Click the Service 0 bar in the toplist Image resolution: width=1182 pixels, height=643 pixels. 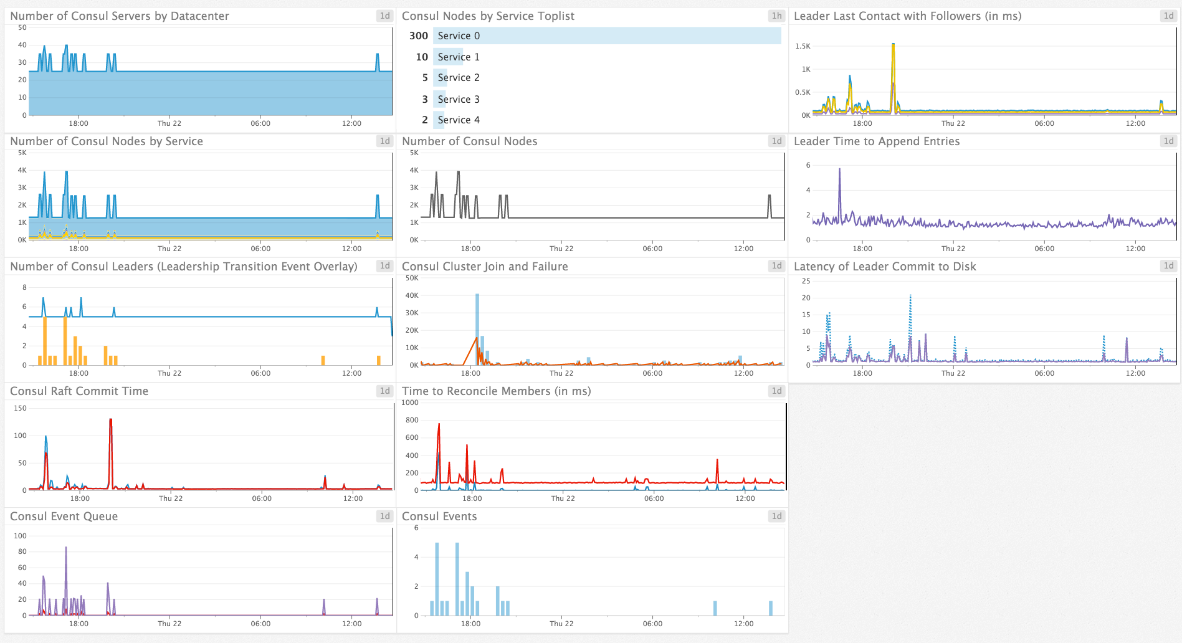pos(608,36)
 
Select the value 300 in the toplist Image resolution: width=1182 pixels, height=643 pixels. pos(418,36)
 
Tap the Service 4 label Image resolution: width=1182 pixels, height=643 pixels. pos(458,120)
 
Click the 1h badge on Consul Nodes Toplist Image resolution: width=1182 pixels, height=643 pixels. pos(776,16)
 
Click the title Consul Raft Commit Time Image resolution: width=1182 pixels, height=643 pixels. pos(79,391)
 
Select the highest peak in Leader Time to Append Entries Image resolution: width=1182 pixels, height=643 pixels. pos(839,170)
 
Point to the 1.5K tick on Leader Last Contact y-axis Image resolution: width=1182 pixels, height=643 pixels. pos(803,46)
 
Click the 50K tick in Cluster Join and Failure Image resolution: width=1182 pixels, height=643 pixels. pos(412,278)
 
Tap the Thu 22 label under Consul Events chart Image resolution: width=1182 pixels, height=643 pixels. pos(561,624)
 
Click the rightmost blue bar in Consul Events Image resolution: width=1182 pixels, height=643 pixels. pos(771,608)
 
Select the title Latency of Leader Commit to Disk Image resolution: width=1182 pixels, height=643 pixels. pos(884,267)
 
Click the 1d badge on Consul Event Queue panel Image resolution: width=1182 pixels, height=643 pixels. pos(384,517)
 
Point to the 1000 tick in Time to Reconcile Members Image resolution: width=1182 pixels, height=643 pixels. pos(410,402)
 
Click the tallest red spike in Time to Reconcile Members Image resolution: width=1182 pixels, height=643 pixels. pos(439,426)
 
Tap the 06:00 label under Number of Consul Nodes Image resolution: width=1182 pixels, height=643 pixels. pos(652,249)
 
